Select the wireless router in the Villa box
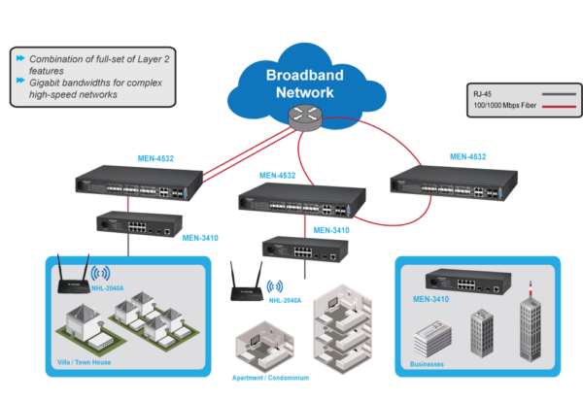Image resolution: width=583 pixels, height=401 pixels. pos(71,280)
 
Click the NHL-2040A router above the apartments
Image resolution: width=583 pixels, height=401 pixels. pos(251,285)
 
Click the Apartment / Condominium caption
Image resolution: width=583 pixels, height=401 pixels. pos(275,378)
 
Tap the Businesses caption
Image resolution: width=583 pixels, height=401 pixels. pos(426,365)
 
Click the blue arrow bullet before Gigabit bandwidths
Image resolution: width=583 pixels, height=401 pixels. pos(20,84)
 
